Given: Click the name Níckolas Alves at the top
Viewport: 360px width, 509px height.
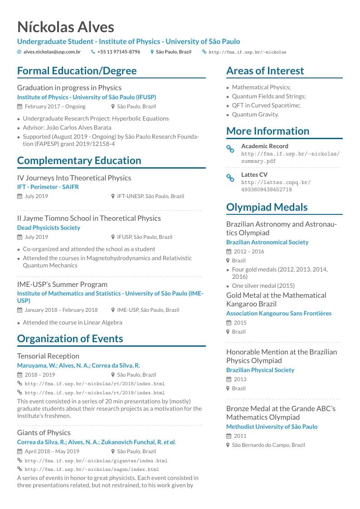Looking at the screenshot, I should tap(65, 27).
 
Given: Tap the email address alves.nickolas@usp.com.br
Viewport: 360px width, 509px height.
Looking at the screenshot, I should tap(52, 52).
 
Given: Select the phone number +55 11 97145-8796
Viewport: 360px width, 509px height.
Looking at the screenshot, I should tap(118, 52).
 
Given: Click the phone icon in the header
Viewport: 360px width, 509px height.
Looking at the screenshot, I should tap(93, 52).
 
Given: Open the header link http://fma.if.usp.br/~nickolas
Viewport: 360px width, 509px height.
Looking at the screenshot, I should tap(247, 52).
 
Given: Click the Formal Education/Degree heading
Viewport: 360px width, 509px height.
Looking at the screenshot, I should tap(77, 71).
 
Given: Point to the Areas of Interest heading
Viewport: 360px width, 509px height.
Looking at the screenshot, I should tap(265, 71).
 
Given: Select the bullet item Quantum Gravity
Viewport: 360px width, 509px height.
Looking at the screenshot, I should tap(255, 114).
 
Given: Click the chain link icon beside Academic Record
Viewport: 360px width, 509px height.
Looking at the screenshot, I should tap(230, 149).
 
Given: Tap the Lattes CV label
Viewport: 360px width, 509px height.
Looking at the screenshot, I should tap(254, 175).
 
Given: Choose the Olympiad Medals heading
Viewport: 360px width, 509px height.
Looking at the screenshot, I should tap(267, 207).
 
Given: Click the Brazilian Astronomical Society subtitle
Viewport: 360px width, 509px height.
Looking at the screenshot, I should tap(267, 242).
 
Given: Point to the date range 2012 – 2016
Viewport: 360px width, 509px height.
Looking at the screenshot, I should tap(248, 252).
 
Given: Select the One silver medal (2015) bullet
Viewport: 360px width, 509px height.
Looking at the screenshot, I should tap(263, 286).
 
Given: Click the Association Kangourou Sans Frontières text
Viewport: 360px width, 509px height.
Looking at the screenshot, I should tap(278, 313).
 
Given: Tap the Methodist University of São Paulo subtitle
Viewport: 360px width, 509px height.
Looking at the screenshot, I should tap(272, 427).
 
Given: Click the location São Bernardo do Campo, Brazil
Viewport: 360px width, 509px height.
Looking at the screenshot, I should tap(268, 445).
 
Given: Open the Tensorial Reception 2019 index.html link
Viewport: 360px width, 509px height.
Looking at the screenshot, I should tap(94, 393).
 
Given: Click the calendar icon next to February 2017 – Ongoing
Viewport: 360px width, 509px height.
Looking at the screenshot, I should tap(19, 107).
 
